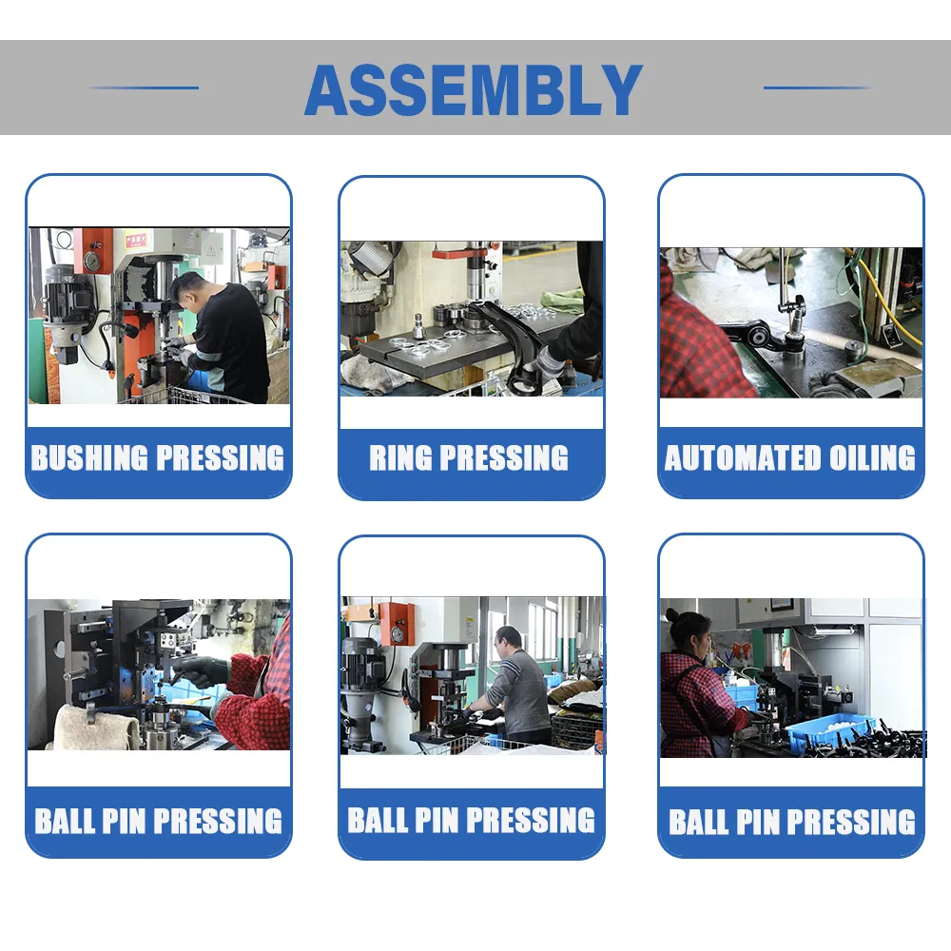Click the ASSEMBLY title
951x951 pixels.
point(474,89)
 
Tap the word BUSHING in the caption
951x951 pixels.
point(89,458)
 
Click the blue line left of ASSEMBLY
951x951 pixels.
point(144,87)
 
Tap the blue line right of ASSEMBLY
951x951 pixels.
point(818,87)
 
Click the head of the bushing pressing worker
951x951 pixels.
point(185,290)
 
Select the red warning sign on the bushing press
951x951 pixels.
point(135,242)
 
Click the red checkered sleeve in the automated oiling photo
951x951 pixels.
point(697,340)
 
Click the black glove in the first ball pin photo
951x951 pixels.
point(199,670)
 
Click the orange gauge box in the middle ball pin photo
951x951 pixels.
point(398,625)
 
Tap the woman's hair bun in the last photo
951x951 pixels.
point(671,615)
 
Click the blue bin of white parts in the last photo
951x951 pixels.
point(832,730)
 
